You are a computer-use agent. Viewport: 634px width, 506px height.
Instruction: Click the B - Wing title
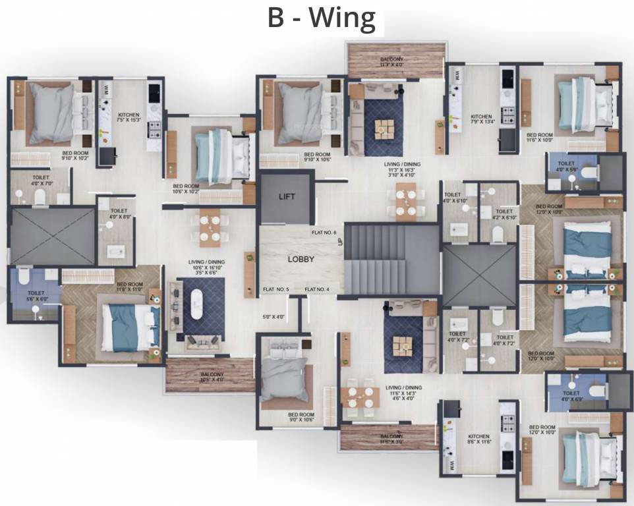pos(321,18)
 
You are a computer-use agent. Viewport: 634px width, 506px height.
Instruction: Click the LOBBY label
pos(301,259)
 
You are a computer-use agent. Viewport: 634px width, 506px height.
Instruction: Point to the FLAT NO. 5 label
pos(276,289)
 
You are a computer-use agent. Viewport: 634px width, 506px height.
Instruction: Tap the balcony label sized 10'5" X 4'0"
pos(212,378)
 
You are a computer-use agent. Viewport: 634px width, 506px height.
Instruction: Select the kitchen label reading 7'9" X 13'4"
pos(481,119)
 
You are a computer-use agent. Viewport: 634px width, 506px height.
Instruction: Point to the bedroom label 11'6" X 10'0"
pos(539,137)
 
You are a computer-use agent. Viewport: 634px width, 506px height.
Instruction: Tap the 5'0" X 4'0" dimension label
pos(274,318)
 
